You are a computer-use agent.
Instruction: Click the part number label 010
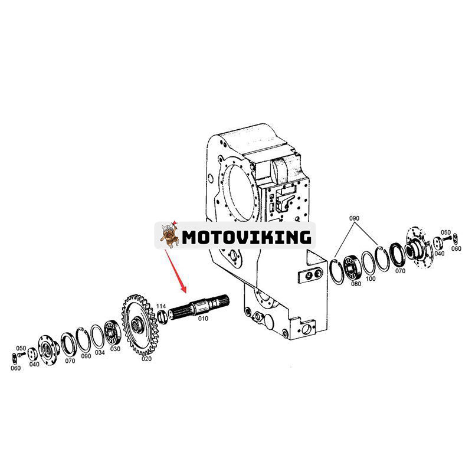point(203,319)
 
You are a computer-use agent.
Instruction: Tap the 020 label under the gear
point(146,359)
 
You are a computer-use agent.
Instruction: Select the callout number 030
point(115,349)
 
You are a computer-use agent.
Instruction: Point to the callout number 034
point(100,352)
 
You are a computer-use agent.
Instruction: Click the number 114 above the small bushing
point(161,306)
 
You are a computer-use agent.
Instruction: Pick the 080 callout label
point(356,284)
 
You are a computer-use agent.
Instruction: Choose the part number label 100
point(371,278)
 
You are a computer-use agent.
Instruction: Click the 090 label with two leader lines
point(355,218)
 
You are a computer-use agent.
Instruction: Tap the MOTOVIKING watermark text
point(247,237)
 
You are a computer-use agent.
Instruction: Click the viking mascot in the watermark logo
point(169,235)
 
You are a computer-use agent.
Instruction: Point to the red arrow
point(175,271)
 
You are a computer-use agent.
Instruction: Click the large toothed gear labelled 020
point(140,325)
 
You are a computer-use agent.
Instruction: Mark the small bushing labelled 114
point(162,317)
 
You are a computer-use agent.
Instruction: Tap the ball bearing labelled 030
point(112,333)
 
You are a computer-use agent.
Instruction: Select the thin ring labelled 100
point(368,263)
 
